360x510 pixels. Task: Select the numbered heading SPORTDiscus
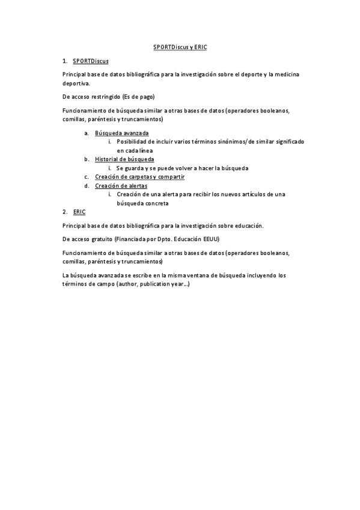coord(90,61)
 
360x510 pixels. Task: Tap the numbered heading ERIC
coord(79,212)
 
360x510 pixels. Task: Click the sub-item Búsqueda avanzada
coord(122,132)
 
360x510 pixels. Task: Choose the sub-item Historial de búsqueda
coord(124,159)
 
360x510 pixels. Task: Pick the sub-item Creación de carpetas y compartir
coord(139,177)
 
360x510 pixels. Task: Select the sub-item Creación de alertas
coord(121,186)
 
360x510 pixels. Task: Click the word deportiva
coord(75,84)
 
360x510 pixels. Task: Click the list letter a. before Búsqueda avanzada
coord(87,132)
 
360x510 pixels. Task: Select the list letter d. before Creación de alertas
coord(87,186)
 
